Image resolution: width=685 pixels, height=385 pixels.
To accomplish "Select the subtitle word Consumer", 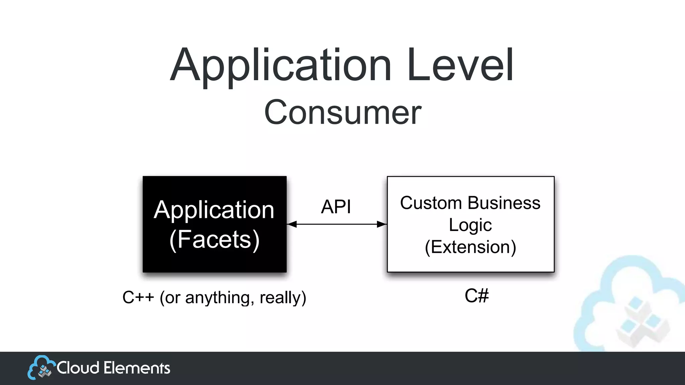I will pyautogui.click(x=342, y=113).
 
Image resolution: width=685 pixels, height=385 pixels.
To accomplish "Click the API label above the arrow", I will pyautogui.click(x=336, y=207).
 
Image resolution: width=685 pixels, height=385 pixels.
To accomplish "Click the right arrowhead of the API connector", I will pyautogui.click(x=382, y=224).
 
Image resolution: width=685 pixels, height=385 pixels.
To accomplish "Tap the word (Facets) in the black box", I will pyautogui.click(x=214, y=239).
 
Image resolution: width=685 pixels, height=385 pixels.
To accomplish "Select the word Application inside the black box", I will pyautogui.click(x=214, y=210).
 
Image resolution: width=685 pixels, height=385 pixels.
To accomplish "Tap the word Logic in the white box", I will pyautogui.click(x=470, y=225).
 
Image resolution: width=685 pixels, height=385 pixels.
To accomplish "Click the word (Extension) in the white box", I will pyautogui.click(x=470, y=247).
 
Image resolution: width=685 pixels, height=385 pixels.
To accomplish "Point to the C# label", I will pyautogui.click(x=477, y=296).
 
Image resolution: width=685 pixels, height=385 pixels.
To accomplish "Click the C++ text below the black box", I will pyautogui.click(x=138, y=297).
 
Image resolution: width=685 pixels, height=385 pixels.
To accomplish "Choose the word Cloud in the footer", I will pyautogui.click(x=78, y=368).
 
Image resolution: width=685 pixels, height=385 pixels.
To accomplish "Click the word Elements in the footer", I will pyautogui.click(x=137, y=368).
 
